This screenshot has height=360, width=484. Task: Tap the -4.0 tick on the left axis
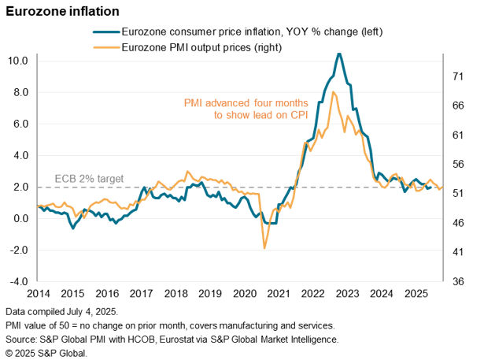coord(17,282)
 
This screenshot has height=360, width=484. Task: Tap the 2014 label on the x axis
coord(37,294)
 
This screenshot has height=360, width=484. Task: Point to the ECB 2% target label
coord(89,179)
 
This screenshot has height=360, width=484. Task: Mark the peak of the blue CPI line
coord(338,54)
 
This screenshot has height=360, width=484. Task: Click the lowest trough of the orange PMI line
coord(264,248)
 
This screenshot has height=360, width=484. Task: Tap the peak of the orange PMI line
coord(334,92)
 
